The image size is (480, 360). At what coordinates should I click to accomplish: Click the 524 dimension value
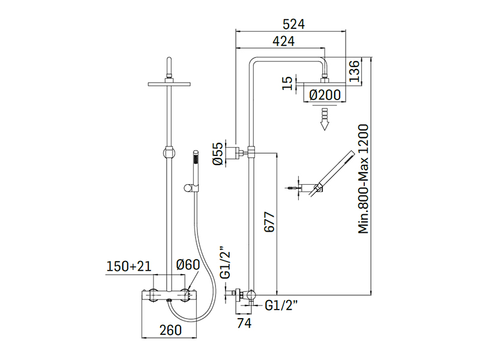click(295, 24)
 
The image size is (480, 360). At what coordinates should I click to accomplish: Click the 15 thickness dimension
click(287, 82)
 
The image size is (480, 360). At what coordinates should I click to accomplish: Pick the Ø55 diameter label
click(218, 153)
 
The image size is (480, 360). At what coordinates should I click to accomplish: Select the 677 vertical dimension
click(268, 224)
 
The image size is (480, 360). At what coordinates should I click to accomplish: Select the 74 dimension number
click(243, 323)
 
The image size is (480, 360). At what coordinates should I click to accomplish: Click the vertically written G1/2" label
click(226, 262)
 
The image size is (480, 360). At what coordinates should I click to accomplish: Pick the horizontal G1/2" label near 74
click(281, 305)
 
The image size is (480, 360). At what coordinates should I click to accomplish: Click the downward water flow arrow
click(325, 118)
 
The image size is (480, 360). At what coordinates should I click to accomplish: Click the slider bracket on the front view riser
click(170, 151)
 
